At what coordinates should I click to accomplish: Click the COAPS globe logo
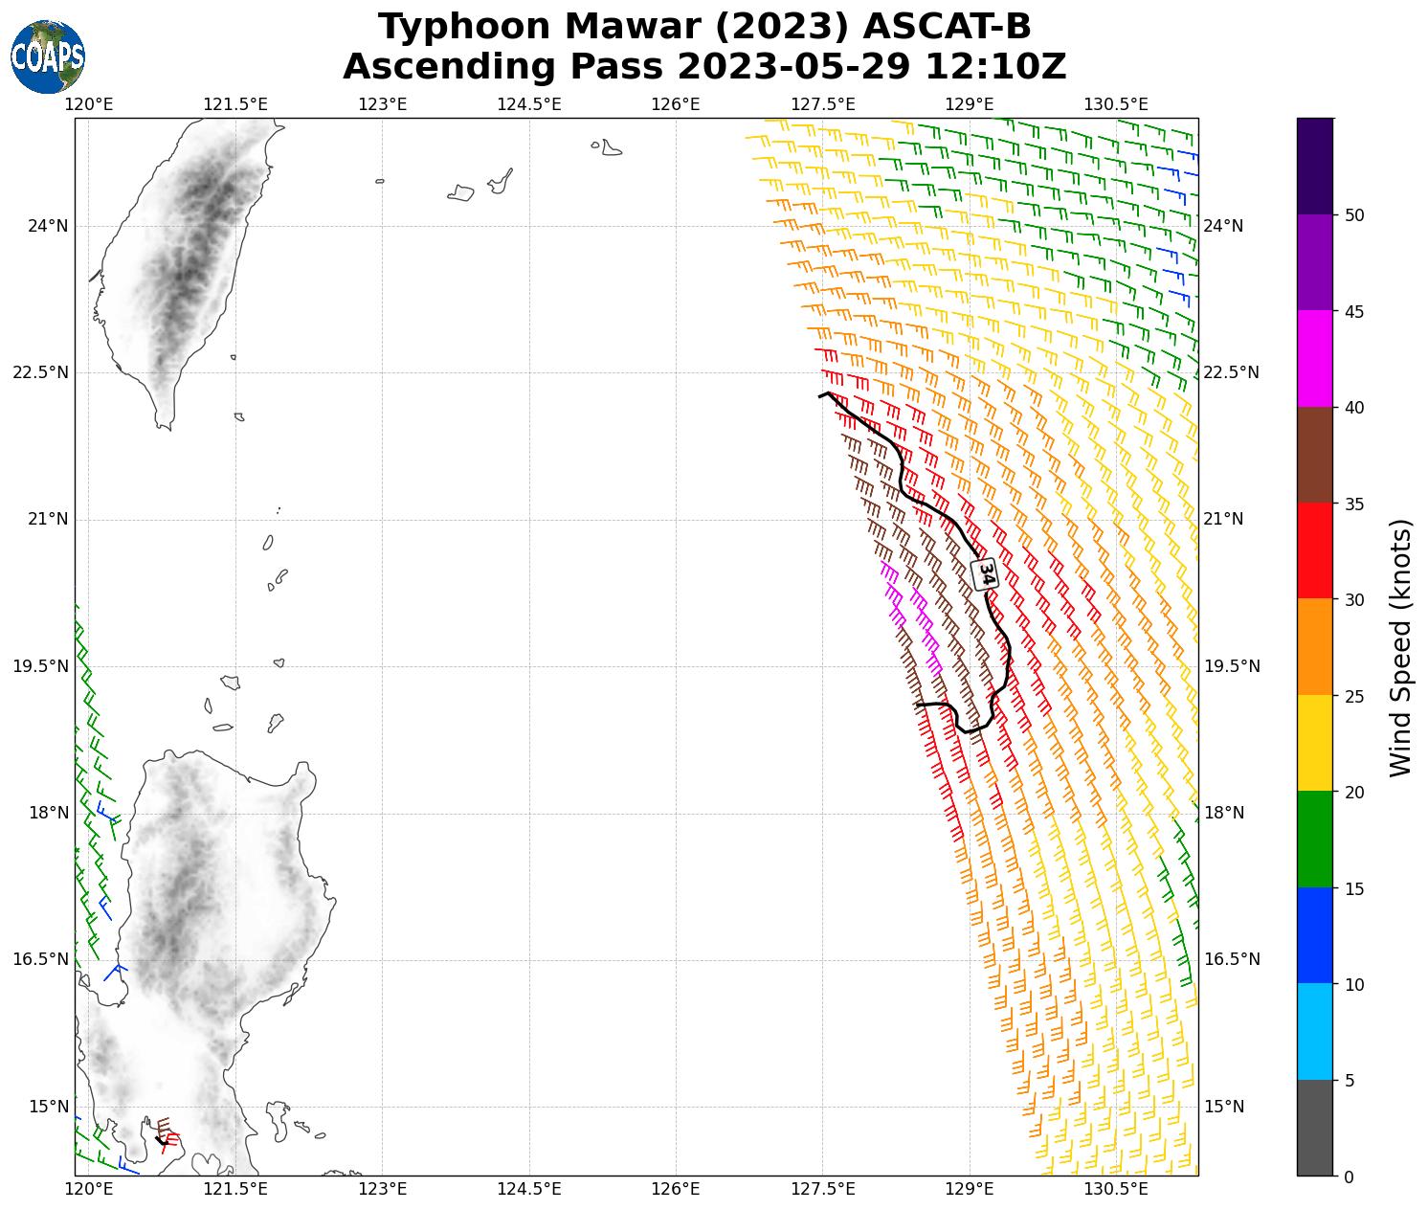click(x=47, y=56)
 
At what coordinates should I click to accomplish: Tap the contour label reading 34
click(x=986, y=573)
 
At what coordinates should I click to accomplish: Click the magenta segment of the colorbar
click(x=1315, y=358)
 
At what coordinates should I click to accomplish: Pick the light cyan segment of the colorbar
click(x=1315, y=1031)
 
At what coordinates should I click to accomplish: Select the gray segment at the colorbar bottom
click(x=1315, y=1127)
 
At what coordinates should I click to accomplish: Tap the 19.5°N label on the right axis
click(x=1231, y=666)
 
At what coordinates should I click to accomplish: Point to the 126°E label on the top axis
click(x=676, y=104)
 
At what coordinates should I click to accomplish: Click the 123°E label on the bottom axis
click(x=383, y=1189)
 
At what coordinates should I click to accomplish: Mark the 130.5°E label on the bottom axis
click(x=1116, y=1189)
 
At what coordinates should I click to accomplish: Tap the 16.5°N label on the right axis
click(x=1231, y=960)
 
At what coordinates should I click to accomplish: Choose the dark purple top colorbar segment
click(x=1315, y=166)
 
